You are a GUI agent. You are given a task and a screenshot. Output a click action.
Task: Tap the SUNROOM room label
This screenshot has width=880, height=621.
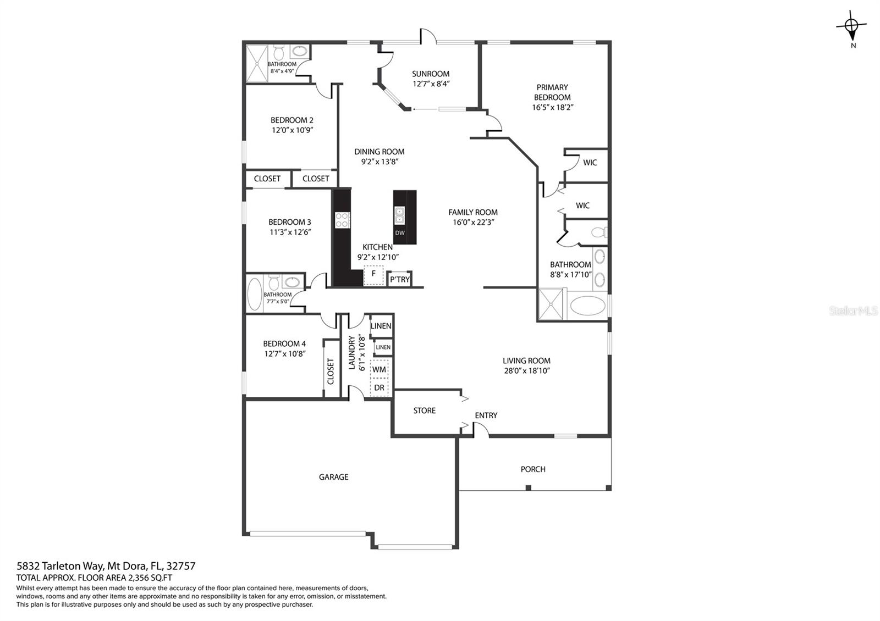(x=431, y=74)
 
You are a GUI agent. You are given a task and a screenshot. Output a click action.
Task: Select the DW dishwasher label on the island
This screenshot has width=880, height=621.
(x=400, y=233)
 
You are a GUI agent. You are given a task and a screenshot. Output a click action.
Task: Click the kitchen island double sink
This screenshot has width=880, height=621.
(x=399, y=215)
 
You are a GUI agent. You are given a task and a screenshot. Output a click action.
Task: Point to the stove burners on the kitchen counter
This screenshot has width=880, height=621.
(x=342, y=220)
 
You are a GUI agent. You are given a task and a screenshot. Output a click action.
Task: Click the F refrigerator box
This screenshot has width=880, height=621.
(x=373, y=275)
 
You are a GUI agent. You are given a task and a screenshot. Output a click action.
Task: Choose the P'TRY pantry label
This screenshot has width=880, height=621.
(x=399, y=280)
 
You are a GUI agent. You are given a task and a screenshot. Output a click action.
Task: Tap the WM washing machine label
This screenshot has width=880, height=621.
(x=379, y=369)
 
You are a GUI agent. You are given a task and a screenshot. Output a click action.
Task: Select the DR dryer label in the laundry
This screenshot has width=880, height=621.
(x=379, y=388)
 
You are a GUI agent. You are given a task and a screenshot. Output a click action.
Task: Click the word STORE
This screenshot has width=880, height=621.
(x=424, y=411)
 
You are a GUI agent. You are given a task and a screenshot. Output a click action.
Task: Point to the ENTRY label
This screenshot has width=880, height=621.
(x=486, y=415)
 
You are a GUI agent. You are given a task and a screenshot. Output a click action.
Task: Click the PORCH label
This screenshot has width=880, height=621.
(x=533, y=469)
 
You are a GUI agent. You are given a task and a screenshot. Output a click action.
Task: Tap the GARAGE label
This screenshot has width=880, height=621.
(x=333, y=477)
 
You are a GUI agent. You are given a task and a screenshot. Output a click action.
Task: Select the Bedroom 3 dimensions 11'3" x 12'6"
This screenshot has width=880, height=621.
(x=290, y=232)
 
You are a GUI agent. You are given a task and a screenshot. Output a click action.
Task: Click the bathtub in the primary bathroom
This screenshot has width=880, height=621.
(x=588, y=306)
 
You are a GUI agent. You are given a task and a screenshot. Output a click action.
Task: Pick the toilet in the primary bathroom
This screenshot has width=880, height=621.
(x=599, y=232)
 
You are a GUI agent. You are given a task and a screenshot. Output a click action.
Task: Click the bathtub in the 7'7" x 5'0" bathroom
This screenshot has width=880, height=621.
(x=255, y=294)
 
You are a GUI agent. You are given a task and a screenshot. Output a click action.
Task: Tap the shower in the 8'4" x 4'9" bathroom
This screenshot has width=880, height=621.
(x=257, y=64)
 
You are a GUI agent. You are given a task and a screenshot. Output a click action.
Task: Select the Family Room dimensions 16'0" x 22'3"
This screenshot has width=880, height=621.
(x=473, y=222)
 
